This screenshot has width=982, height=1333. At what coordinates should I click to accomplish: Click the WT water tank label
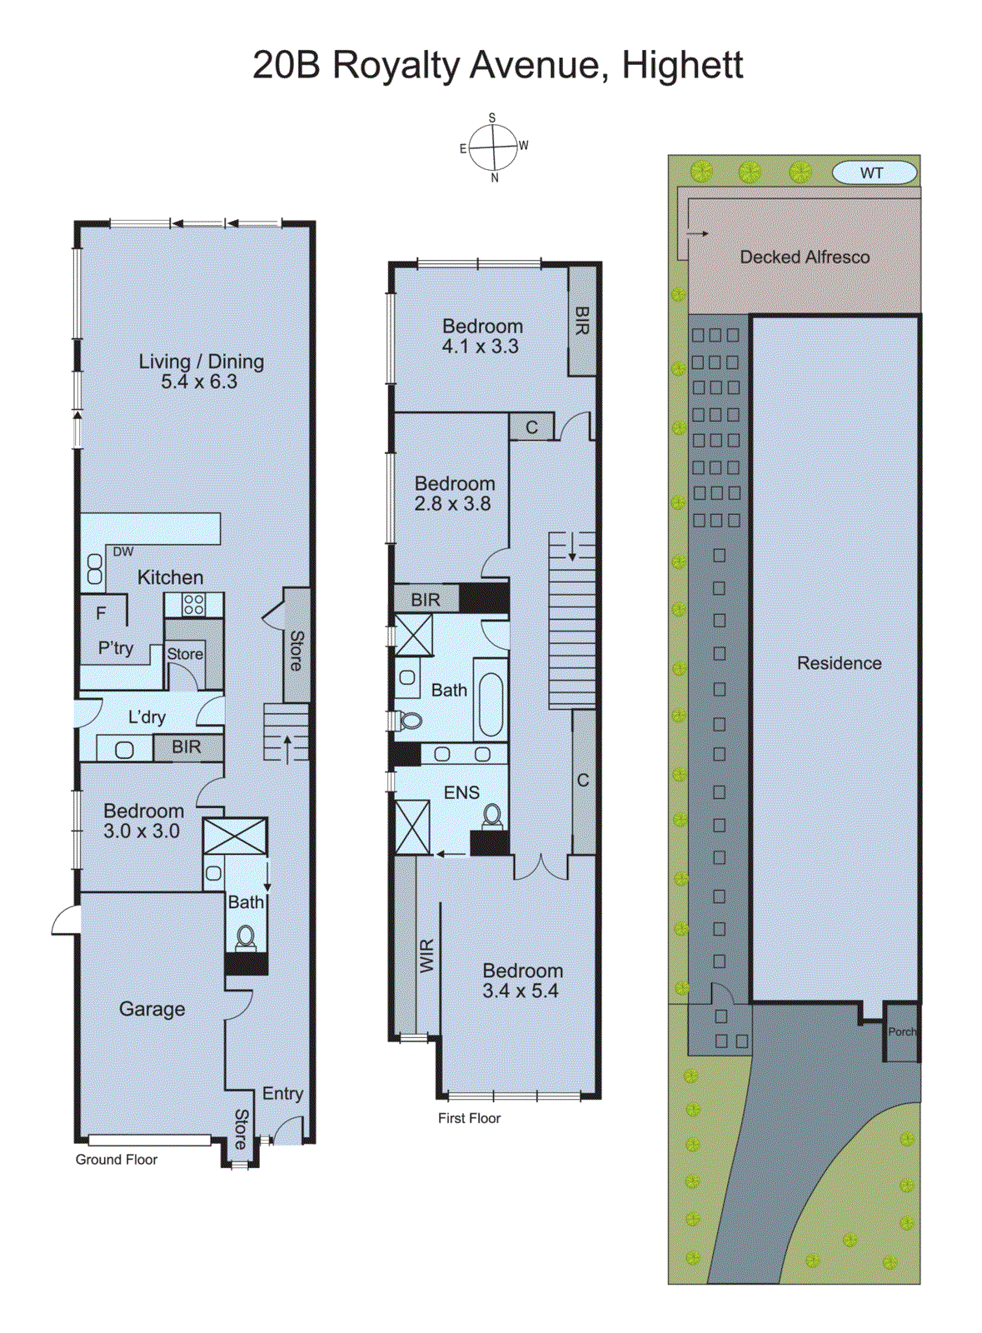tap(872, 173)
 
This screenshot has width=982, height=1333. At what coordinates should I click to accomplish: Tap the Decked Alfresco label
tap(804, 257)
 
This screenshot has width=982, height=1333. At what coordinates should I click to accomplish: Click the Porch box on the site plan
tap(901, 1032)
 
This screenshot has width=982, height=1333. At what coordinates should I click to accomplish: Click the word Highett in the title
tap(682, 65)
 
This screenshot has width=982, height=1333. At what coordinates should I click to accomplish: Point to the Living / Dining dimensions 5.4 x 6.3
tap(199, 382)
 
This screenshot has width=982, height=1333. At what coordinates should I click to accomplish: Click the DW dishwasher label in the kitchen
tap(122, 552)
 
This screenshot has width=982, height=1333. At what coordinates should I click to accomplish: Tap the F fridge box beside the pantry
tap(102, 613)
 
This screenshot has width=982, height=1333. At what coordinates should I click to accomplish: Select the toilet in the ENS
tap(492, 816)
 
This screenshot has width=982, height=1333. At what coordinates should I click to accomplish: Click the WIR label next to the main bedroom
tap(426, 956)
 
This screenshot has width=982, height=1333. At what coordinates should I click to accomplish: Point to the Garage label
tap(152, 1009)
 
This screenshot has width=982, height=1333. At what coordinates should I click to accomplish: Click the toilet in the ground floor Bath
tap(246, 938)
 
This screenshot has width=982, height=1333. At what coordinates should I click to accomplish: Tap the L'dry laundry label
tap(147, 717)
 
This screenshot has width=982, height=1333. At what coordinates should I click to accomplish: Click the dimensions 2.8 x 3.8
tap(452, 504)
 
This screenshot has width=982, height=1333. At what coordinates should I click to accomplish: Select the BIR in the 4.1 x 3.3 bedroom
tap(582, 321)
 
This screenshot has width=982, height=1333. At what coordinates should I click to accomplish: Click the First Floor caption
tap(469, 1118)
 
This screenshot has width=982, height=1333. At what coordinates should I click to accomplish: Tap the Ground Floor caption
tap(117, 1160)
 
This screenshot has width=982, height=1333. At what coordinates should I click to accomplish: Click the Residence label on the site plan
tap(839, 663)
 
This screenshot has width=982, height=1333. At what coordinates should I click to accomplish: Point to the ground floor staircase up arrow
tap(287, 747)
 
